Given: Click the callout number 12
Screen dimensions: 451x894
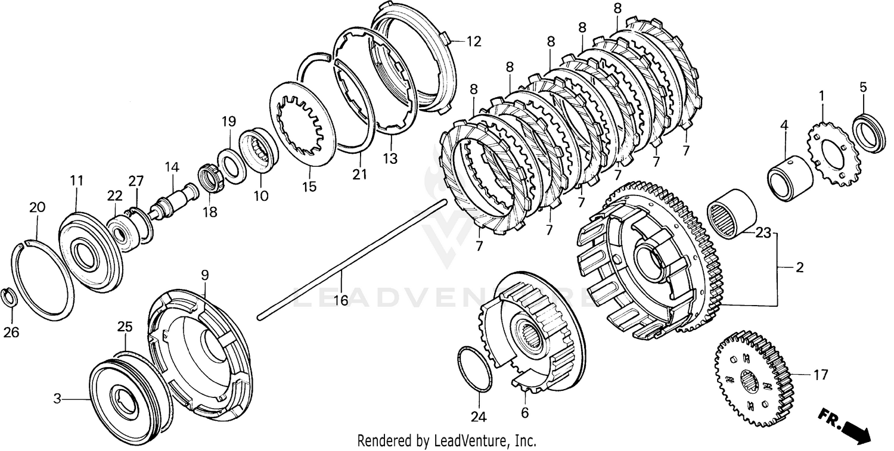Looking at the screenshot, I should tap(473, 42).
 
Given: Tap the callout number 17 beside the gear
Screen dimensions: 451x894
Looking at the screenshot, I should tap(821, 375).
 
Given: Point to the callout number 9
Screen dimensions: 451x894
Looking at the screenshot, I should tap(204, 275).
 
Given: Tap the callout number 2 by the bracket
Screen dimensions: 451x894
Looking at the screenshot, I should tap(799, 268).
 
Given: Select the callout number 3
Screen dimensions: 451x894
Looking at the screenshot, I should tap(57, 400).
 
